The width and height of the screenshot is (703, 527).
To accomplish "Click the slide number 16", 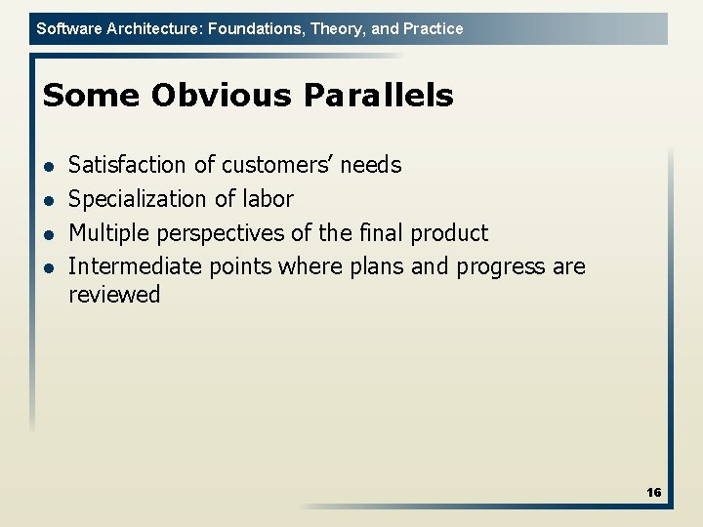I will pos(653,493).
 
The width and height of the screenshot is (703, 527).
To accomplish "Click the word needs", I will pos(370,165).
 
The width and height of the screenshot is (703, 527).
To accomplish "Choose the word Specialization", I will pos(138,199).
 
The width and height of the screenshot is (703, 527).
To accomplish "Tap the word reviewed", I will pos(114,295).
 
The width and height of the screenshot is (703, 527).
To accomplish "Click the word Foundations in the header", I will pos(256,28).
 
